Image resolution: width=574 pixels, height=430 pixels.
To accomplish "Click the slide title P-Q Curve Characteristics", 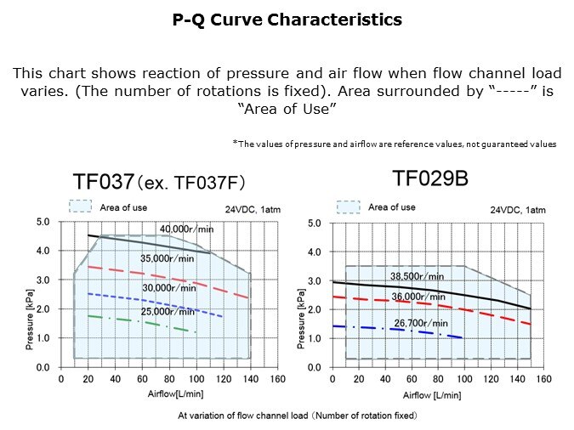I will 287,20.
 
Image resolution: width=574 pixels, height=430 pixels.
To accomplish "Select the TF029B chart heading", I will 429,178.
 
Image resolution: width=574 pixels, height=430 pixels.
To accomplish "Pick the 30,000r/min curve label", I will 164,289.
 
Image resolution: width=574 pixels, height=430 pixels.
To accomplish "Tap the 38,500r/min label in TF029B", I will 417,275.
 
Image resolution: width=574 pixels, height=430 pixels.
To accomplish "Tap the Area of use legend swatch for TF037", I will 81,206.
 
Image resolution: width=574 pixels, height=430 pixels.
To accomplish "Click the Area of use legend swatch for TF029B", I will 349,207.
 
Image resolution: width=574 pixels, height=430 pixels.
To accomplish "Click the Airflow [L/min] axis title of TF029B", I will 430,395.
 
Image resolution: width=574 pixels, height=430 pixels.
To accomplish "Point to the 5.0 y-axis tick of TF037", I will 42,222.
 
